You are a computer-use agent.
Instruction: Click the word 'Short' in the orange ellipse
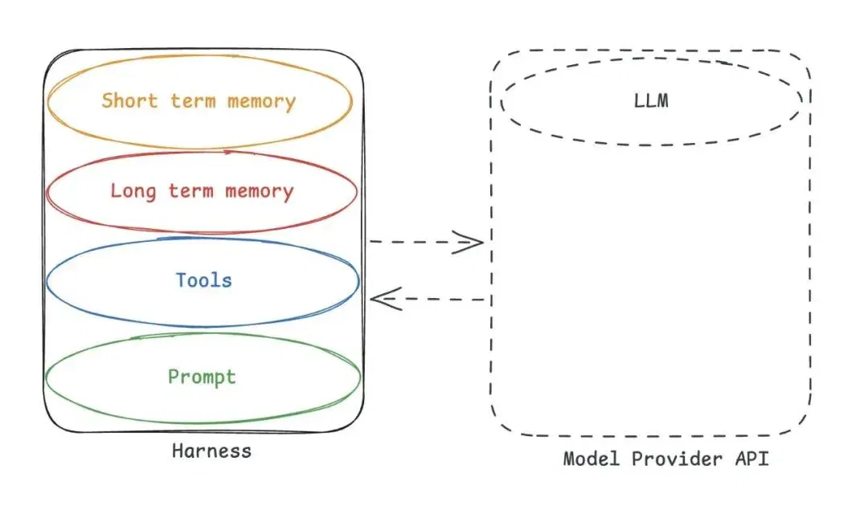click(129, 100)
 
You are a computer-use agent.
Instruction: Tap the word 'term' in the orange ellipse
click(193, 100)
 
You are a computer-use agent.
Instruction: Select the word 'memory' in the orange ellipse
click(261, 102)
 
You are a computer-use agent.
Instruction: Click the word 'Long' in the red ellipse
click(133, 191)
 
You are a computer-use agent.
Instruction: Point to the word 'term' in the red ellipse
click(190, 191)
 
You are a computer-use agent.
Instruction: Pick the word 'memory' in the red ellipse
click(259, 192)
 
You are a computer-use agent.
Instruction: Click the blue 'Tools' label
click(203, 280)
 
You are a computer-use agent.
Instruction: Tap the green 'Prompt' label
click(202, 377)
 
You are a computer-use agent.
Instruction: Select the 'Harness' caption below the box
click(211, 451)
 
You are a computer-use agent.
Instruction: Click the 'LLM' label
click(651, 100)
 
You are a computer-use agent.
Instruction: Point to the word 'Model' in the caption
click(592, 459)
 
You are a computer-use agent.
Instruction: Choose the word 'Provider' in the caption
click(677, 459)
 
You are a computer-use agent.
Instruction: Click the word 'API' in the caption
click(751, 459)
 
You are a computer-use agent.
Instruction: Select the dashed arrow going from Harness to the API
click(426, 242)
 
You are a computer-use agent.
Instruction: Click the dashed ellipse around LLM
click(651, 145)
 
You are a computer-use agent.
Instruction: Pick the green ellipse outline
click(203, 422)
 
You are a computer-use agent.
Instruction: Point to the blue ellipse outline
click(203, 326)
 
